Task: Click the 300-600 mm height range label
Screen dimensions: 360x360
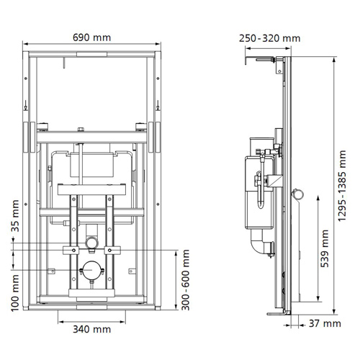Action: point(186,281)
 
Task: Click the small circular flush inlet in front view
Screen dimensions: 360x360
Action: point(91,239)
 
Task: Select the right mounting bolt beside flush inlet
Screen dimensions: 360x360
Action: point(109,250)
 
